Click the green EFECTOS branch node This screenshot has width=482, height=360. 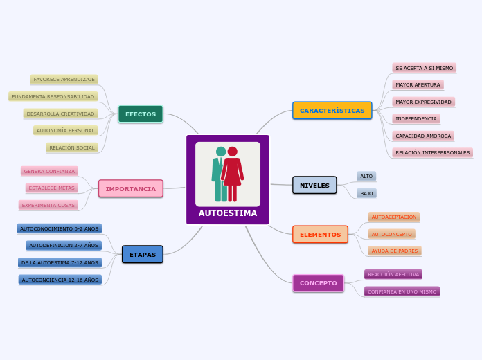click(141, 114)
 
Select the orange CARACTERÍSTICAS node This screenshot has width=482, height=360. click(332, 111)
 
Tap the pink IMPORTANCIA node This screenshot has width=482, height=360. click(130, 188)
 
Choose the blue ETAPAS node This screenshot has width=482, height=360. click(142, 255)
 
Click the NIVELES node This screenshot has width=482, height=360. click(314, 186)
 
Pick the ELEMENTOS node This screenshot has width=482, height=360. click(320, 235)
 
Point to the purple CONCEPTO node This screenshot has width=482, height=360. click(318, 283)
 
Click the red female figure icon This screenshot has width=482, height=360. click(233, 173)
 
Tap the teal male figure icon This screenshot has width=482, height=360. click(219, 173)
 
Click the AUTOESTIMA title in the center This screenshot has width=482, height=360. click(228, 213)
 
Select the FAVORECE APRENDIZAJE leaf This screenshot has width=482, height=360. click(64, 80)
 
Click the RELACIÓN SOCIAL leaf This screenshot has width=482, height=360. click(72, 147)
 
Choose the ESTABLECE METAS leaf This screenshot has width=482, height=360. click(51, 188)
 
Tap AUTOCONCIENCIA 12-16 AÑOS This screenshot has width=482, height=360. click(60, 280)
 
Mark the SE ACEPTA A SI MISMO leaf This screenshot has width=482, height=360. click(424, 68)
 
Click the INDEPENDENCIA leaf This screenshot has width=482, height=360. click(416, 118)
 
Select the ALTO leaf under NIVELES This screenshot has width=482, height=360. click(366, 177)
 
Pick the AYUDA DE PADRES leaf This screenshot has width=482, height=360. click(395, 251)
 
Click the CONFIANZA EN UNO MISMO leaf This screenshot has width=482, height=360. click(402, 291)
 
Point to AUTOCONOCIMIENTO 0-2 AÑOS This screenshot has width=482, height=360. click(59, 228)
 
